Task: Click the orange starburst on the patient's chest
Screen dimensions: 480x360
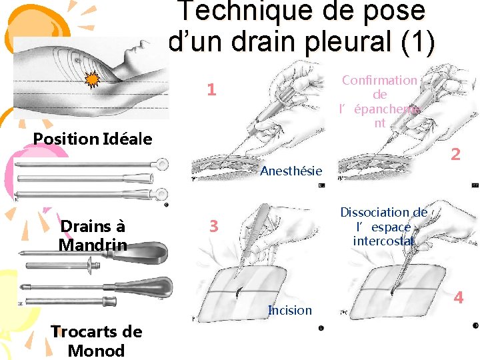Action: coord(92,79)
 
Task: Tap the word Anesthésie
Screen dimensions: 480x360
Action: coord(291,171)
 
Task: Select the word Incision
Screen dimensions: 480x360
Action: coord(290,311)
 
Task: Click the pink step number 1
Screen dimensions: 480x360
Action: coord(212,89)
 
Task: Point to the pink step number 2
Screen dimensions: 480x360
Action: coord(455,154)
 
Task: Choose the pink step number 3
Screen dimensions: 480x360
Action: coord(214,226)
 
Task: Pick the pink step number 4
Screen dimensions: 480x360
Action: coord(458,297)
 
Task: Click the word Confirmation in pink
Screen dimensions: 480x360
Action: coord(379,80)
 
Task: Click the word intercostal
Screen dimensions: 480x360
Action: coord(383,241)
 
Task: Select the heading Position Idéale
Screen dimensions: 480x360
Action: coord(93,139)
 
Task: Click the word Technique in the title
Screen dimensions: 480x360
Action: coord(247,11)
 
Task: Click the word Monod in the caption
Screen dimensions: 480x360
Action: coord(96,351)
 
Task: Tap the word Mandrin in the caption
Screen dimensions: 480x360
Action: coord(93,245)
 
